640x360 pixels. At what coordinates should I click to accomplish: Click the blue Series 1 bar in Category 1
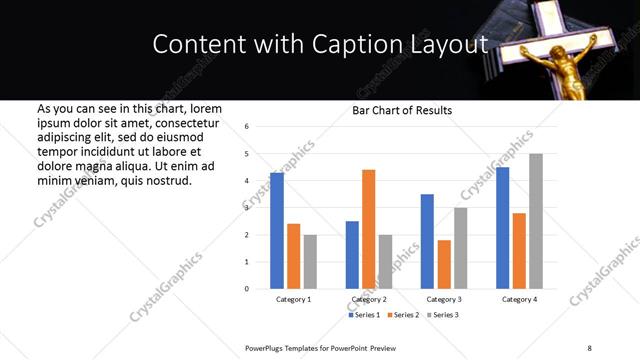point(277,231)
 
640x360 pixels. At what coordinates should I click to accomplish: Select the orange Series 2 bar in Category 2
point(368,229)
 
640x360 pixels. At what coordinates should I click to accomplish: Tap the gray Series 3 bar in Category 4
point(536,221)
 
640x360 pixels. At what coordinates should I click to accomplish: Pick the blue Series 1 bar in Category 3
point(427,241)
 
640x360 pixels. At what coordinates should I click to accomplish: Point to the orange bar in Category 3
point(444,264)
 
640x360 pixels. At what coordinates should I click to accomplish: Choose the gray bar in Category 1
point(310,262)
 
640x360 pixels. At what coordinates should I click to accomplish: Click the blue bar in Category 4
point(502,228)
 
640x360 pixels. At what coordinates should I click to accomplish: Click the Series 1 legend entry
point(365,315)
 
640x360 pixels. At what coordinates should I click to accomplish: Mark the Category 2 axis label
point(368,300)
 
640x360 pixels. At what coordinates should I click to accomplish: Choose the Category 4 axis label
point(519,300)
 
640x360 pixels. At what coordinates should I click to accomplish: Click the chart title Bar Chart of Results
point(402,110)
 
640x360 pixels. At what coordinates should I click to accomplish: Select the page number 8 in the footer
point(589,347)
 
